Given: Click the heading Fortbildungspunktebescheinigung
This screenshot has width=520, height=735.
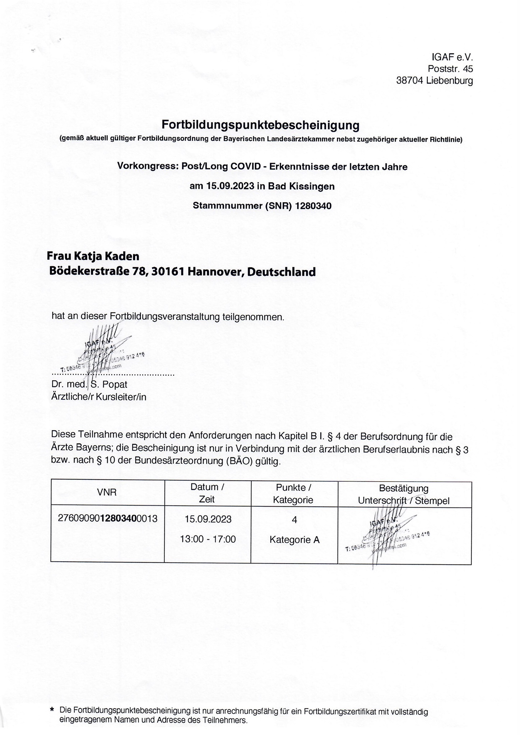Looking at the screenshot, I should (x=260, y=125).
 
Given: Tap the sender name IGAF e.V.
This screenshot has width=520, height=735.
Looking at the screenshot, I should (x=452, y=57).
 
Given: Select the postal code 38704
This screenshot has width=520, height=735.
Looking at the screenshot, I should (x=410, y=81).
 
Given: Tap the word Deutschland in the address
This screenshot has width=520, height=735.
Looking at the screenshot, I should (x=282, y=272).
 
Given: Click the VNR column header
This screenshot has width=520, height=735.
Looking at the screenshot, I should (x=107, y=492).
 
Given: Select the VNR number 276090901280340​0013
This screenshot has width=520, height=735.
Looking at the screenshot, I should (x=108, y=518).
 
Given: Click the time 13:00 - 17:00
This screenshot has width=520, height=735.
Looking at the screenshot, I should (x=208, y=539).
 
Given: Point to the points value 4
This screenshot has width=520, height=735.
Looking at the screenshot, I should (x=294, y=520).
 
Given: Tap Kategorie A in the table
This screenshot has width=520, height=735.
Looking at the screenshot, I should (x=294, y=539).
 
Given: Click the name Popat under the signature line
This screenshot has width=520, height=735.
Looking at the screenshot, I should (x=115, y=384).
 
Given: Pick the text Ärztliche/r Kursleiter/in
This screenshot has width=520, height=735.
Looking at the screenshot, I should (x=99, y=397).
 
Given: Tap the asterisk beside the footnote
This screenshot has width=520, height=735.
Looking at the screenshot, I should (x=52, y=710).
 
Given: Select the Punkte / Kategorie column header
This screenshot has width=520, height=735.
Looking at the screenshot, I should (x=294, y=493).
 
